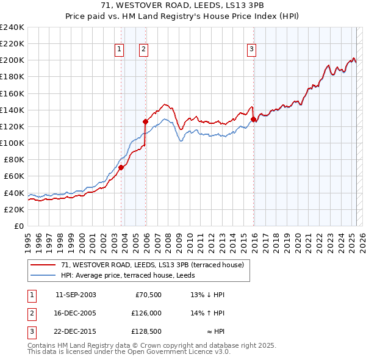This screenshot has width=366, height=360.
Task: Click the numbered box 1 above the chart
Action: click(119, 50)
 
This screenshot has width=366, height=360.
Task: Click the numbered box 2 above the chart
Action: click(143, 50)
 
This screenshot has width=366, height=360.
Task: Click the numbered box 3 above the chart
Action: click(251, 50)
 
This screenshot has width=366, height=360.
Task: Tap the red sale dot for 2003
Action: click(121, 167)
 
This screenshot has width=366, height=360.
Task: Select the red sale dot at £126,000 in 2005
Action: click(145, 121)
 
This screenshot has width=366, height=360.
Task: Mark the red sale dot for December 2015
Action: click(253, 120)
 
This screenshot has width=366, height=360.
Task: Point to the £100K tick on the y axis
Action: click(12, 143)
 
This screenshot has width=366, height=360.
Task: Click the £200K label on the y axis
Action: click(12, 60)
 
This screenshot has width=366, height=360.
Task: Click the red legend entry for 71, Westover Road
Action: click(152, 265)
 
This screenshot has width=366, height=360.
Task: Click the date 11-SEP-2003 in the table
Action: click(76, 295)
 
